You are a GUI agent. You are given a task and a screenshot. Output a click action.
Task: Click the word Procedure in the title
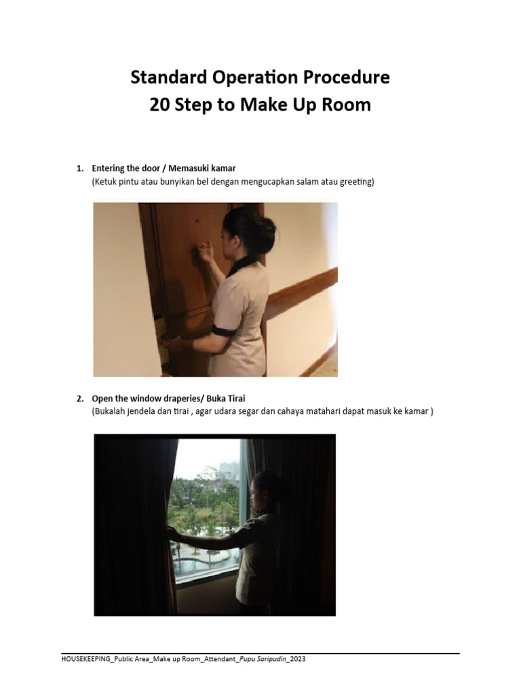pos(345,78)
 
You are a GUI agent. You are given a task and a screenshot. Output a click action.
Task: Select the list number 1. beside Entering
pos(79,168)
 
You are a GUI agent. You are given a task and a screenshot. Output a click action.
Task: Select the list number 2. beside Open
pos(79,398)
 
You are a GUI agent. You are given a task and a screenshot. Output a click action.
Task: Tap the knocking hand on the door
pos(204,254)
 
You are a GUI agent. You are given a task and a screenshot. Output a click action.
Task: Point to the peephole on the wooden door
pos(197,221)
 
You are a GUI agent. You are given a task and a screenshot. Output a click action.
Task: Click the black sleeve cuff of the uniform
pos(223,331)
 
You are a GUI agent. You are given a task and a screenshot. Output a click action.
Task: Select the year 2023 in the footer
pos(305,659)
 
